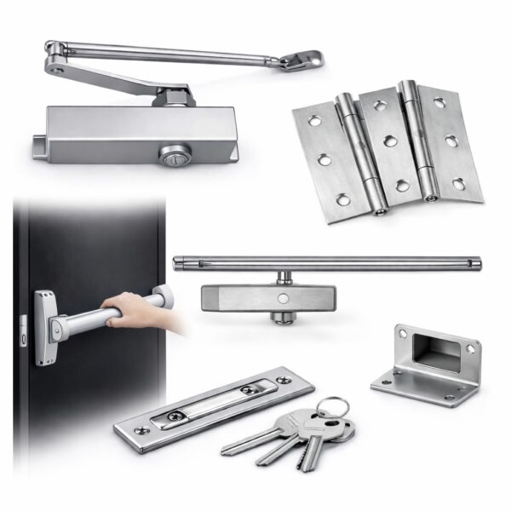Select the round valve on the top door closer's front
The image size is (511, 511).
click(168, 154)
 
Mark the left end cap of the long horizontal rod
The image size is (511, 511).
click(177, 263)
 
